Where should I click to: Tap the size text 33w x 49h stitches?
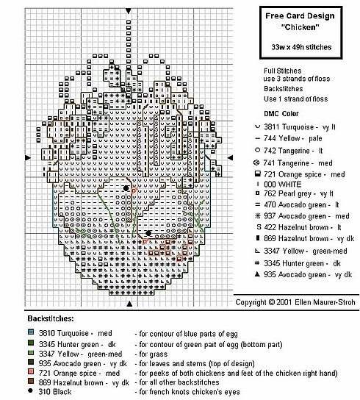[x=300, y=47]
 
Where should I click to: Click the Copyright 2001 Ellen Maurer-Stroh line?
[x=297, y=302]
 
